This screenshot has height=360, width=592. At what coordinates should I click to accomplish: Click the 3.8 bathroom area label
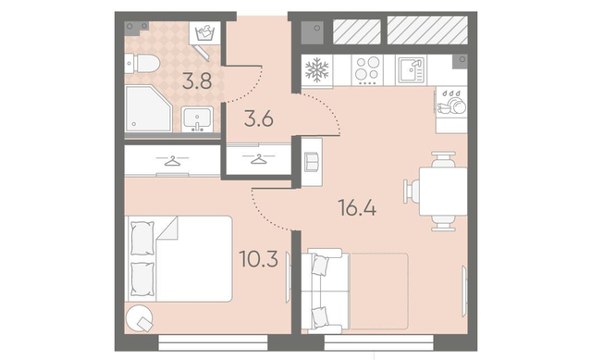coord(197,81)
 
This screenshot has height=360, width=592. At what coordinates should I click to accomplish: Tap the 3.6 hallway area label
coord(259,119)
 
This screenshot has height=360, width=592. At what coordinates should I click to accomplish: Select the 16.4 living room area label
coord(357,208)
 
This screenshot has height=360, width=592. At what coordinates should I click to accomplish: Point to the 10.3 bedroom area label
coord(259,259)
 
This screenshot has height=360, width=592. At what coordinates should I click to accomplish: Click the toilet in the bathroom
coord(142,63)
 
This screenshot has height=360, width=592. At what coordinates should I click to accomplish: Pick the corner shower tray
coord(148,109)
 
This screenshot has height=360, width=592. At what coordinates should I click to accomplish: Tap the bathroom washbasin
coord(197,119)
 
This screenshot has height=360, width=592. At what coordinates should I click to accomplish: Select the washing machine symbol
coord(204,32)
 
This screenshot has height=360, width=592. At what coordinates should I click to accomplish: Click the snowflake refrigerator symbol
coord(316,70)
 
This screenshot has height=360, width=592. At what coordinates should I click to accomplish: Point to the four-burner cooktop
coord(367,70)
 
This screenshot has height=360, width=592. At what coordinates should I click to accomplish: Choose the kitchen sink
coord(411,70)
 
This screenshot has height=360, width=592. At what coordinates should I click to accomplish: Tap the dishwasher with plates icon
coord(451,102)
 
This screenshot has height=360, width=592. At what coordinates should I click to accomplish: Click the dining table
coord(443,192)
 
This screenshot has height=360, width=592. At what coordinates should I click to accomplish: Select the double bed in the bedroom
coord(179,259)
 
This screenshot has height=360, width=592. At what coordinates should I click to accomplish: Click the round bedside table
coord(139,318)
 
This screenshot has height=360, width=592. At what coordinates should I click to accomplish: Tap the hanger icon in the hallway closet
coord(259,158)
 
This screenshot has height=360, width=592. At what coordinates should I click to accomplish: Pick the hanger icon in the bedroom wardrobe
coord(172,161)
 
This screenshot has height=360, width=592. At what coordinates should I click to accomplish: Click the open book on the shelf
coord(313,161)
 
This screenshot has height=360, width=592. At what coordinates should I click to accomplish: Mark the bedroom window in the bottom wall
coord(214,343)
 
